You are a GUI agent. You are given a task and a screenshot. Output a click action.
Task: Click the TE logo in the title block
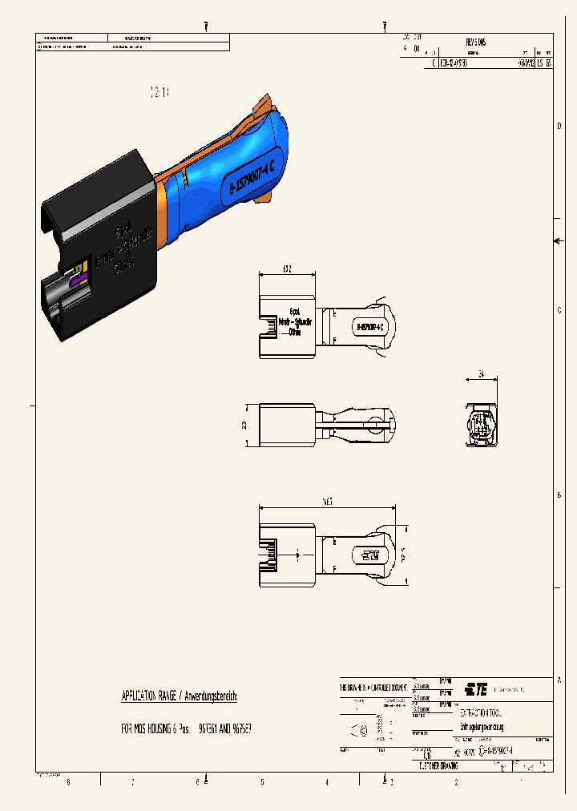[x=477, y=688]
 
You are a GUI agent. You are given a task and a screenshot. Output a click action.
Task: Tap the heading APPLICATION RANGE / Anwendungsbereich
[x=179, y=696]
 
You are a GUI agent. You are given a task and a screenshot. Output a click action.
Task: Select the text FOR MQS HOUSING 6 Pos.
[x=156, y=730]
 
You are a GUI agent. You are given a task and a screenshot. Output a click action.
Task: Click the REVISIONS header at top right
[x=475, y=42]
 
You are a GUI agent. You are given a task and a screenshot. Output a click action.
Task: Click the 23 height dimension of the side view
[x=244, y=425]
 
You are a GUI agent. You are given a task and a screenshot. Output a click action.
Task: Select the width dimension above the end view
[x=482, y=373]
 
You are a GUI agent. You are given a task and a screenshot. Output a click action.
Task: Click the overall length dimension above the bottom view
[x=327, y=502]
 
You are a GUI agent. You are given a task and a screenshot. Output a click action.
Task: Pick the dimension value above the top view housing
[x=287, y=268]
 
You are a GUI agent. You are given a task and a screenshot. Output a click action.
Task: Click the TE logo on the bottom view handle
[x=369, y=555]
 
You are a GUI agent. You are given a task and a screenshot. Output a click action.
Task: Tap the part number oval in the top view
[x=369, y=327]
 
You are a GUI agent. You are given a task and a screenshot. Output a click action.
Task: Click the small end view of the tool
[x=482, y=423]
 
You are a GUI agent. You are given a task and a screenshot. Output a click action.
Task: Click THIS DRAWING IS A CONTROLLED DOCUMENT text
[x=373, y=688]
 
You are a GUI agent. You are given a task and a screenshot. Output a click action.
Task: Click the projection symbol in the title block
[x=360, y=728]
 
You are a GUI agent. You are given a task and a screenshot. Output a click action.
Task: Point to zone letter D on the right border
[x=559, y=126]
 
